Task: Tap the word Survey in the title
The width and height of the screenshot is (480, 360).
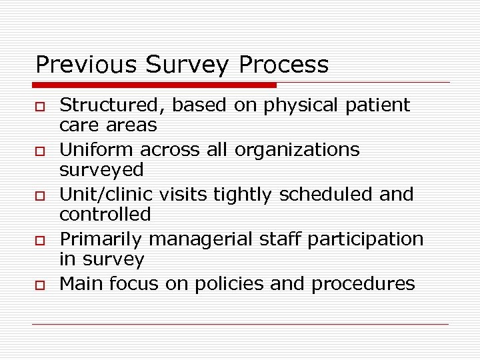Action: [185, 65]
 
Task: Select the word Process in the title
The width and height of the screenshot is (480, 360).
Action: [283, 65]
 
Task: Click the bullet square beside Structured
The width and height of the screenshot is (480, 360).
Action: [41, 106]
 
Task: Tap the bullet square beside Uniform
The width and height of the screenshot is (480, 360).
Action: [41, 151]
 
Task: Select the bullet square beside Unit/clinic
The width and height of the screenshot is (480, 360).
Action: [41, 195]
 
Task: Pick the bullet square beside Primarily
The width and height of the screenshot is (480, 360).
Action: [41, 240]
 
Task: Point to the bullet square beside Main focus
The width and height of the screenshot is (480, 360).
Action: [41, 285]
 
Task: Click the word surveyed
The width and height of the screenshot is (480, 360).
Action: [101, 170]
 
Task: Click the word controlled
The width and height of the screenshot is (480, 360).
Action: [105, 215]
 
